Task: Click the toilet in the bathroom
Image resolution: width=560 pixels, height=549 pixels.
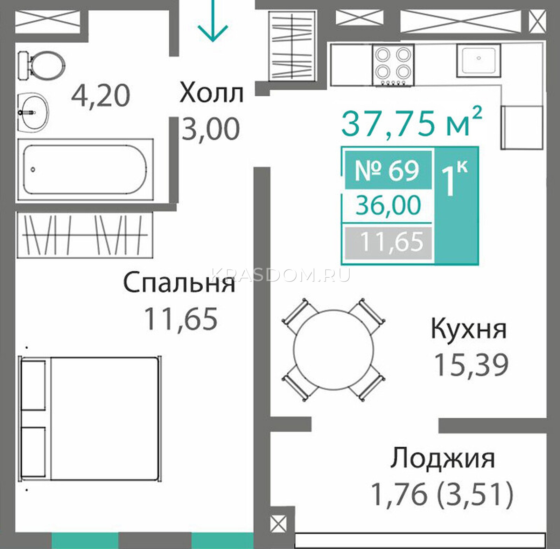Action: [41, 65]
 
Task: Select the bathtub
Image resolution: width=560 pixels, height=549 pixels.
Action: [85, 170]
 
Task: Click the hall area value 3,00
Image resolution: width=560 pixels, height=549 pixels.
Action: [211, 129]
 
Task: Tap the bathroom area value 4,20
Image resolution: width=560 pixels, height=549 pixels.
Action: [100, 96]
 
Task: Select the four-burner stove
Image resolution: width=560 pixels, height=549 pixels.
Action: [394, 65]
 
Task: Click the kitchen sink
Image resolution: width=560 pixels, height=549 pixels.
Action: [478, 60]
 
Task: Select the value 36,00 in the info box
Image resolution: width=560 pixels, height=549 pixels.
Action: [388, 205]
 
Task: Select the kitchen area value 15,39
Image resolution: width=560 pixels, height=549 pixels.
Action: [471, 365]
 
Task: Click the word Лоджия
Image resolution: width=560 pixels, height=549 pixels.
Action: [442, 458]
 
